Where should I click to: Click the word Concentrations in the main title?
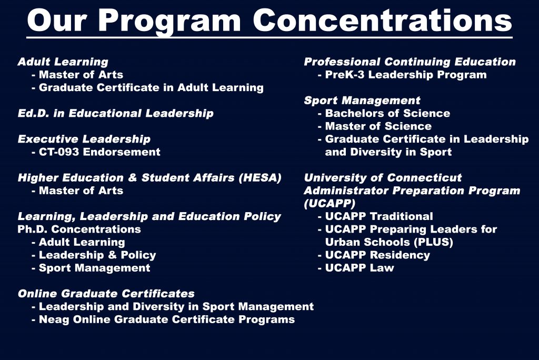point(383,21)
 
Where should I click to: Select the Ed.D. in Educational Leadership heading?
point(115,114)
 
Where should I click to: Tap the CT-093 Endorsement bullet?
point(96,152)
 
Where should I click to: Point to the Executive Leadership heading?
point(84,139)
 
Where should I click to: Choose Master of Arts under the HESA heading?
point(77,191)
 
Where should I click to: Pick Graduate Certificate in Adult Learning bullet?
point(147,88)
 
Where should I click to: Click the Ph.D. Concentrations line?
point(79,229)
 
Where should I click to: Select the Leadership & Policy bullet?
point(94,255)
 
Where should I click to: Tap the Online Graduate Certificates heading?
point(106,294)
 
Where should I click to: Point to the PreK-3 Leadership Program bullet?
point(402,75)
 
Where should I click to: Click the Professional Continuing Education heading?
point(410,62)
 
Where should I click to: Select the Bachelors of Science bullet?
point(384,114)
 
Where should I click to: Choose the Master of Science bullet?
point(375,126)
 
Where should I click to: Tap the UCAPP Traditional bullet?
point(375,216)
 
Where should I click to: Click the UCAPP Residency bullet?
point(374,255)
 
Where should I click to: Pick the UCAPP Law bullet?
point(356,268)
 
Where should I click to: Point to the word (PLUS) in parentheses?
point(434,243)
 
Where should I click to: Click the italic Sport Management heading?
point(362,101)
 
